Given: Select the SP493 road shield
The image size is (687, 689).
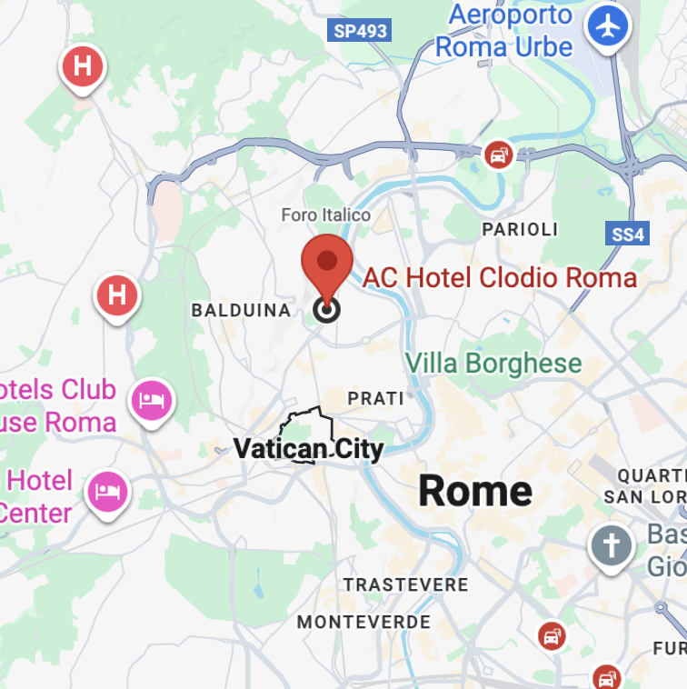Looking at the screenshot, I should point(360,31).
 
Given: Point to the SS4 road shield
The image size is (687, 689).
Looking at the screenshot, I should point(627,235).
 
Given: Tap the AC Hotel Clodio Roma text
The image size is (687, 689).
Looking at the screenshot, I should point(500,277).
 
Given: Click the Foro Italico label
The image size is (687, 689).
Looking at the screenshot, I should point(325,215).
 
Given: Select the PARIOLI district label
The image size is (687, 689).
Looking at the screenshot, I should point(520,230).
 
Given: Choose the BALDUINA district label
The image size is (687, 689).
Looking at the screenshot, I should point(241,310).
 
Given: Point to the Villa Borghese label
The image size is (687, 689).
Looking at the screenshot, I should point(493,364).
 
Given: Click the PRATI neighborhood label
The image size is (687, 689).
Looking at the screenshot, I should point(375,398).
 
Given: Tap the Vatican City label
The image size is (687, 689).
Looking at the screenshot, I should point(308,448).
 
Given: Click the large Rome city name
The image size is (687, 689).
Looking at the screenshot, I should point(475,491).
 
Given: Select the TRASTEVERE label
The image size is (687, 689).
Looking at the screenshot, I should point(405,584).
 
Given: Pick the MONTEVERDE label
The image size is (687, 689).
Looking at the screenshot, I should point(363,623).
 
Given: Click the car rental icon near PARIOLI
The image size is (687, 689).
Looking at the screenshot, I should point(498,155).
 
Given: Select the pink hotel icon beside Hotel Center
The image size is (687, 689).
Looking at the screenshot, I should point(107,490).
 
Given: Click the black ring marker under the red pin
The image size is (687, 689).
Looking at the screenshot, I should point(326,310).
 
